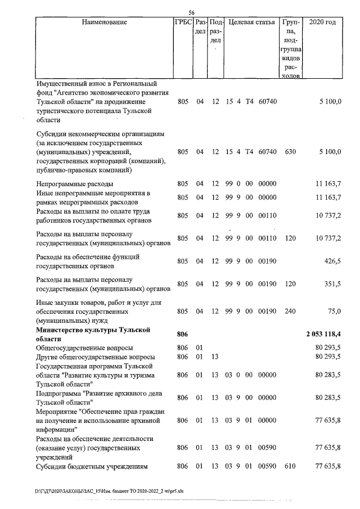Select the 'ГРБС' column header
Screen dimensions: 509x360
(183, 22)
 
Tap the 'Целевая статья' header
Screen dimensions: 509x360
(251, 22)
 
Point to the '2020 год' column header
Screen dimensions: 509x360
(323, 22)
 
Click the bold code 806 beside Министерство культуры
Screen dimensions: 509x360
(182, 334)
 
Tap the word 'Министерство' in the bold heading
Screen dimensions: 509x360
(61, 330)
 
